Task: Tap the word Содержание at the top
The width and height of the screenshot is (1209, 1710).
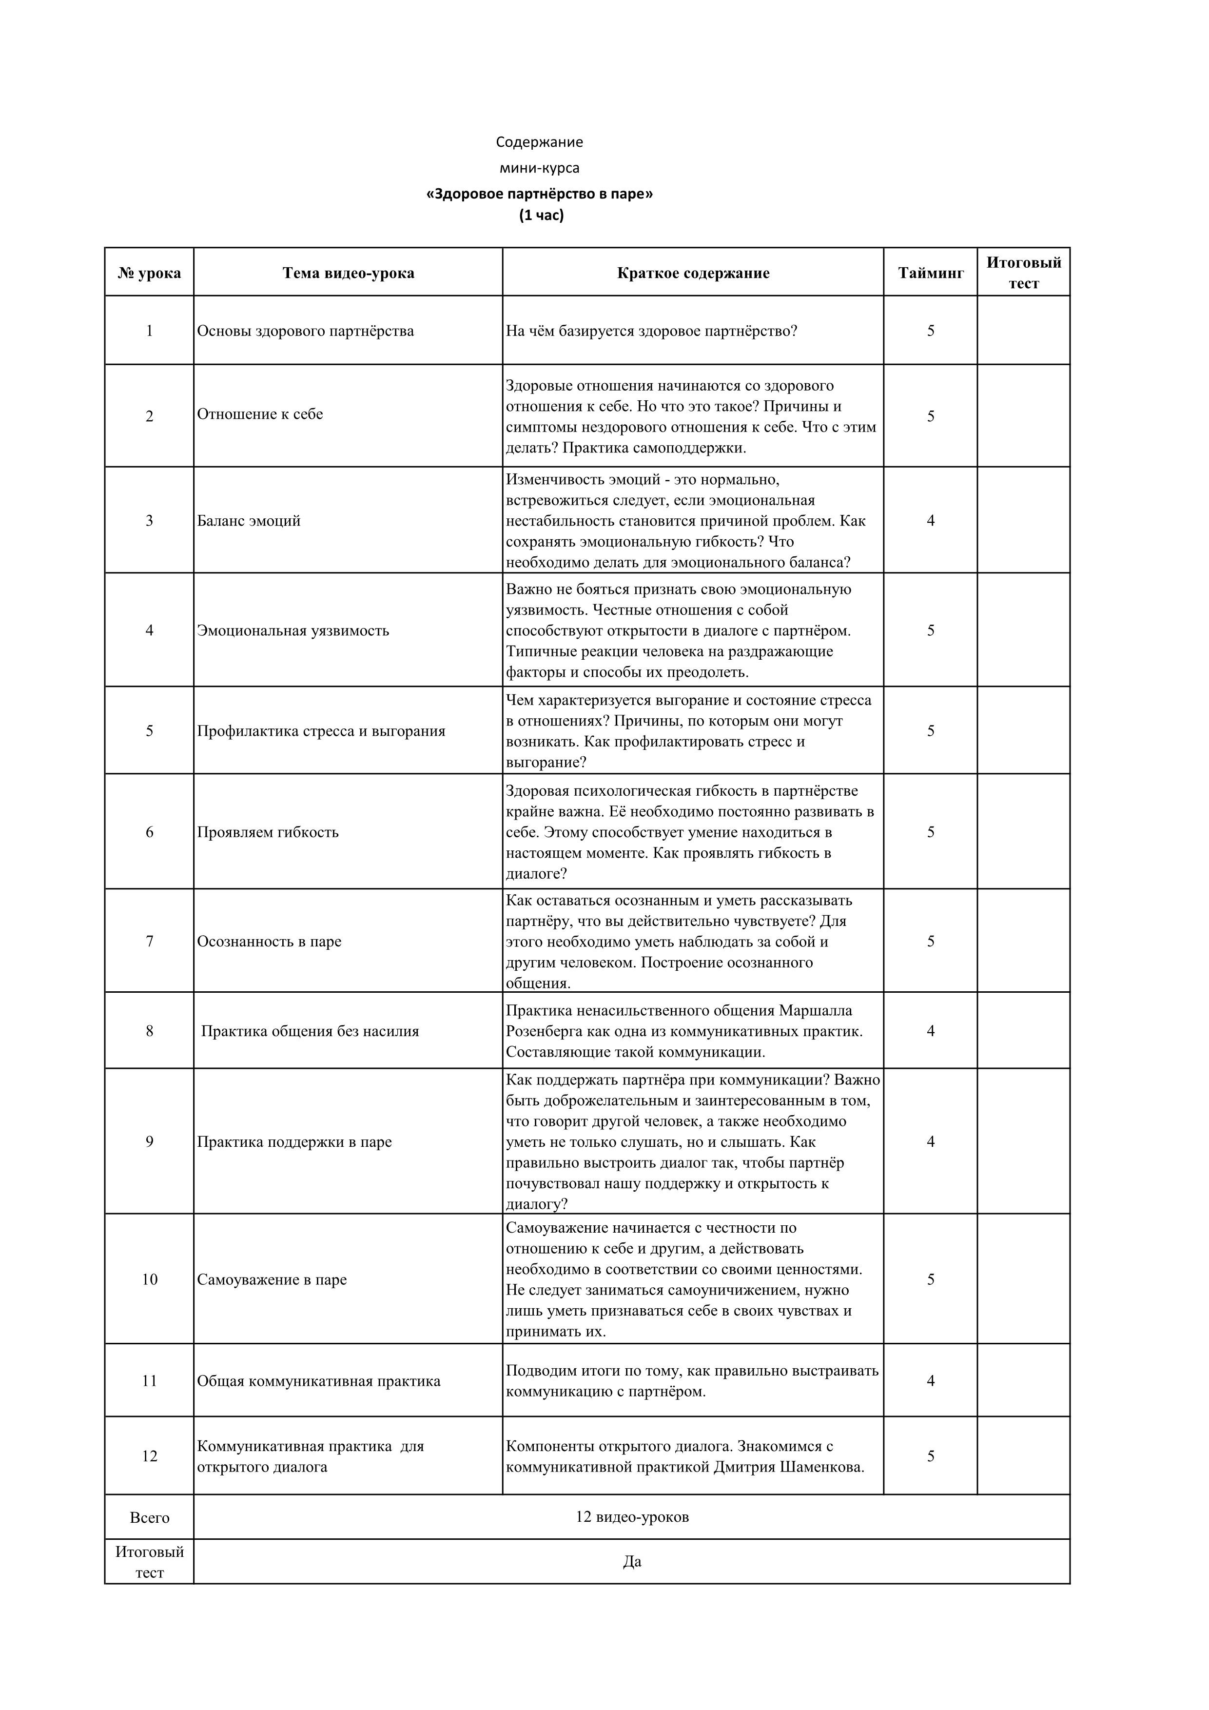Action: (x=540, y=141)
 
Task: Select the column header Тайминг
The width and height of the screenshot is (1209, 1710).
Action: (x=931, y=273)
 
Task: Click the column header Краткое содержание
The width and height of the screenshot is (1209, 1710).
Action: (x=693, y=273)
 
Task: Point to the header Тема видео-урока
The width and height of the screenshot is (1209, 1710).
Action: (x=349, y=273)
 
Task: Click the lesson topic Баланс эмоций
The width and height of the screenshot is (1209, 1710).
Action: (x=249, y=521)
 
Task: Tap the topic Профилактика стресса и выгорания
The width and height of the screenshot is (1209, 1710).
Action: (x=321, y=730)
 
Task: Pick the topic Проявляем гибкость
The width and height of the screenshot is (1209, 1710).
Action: (x=268, y=832)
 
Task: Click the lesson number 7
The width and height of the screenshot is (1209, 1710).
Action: (x=150, y=942)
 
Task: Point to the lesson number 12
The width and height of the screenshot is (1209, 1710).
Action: (x=150, y=1456)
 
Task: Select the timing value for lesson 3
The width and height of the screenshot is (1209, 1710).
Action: (x=931, y=521)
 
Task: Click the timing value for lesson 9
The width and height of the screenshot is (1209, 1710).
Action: (x=931, y=1142)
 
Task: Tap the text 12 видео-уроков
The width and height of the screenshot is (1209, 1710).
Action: (x=632, y=1517)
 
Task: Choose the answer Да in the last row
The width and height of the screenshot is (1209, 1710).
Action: (x=632, y=1562)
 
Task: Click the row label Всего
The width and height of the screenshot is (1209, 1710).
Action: (x=150, y=1517)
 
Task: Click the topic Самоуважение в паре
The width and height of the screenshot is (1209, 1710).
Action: (x=272, y=1279)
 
